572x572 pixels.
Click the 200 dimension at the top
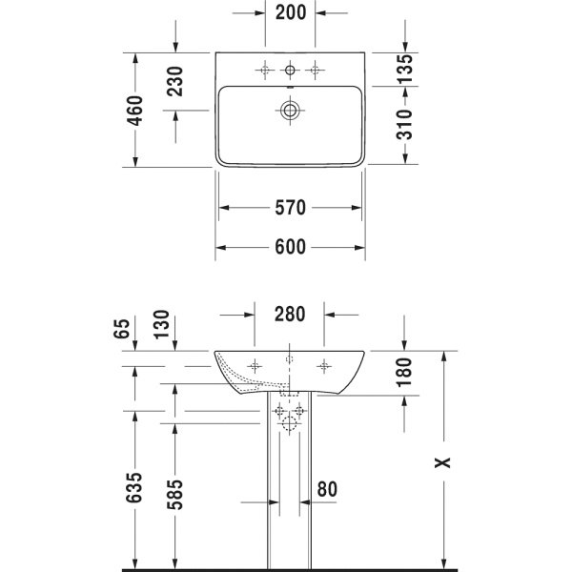[291, 12]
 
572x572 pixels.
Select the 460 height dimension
[134, 111]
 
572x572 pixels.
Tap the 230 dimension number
[174, 81]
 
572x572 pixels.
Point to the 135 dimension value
[404, 69]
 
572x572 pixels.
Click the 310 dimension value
[404, 124]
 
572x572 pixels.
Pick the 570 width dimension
[290, 208]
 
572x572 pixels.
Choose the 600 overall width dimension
[290, 247]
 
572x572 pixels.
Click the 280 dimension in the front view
[290, 314]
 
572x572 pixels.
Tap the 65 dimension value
[122, 329]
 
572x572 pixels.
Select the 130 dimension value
[161, 325]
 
